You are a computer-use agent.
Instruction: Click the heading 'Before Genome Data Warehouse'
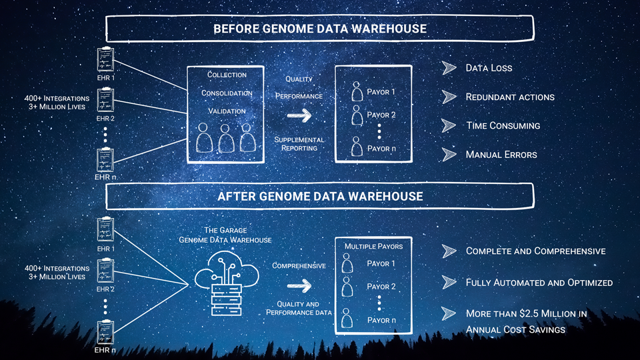tap(320, 29)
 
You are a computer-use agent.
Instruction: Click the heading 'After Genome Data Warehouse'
tap(320, 196)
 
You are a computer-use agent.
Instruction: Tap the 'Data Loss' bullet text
tap(489, 68)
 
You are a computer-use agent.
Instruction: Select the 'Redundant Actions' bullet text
tap(509, 97)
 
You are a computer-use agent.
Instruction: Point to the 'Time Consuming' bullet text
tap(502, 125)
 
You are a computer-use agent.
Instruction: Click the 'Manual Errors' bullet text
tap(501, 155)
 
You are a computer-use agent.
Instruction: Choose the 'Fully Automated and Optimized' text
tap(539, 283)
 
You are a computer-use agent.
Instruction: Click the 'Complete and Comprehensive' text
tap(535, 251)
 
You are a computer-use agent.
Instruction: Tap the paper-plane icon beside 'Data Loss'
tap(449, 68)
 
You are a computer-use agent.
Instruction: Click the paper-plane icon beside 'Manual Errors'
tap(449, 155)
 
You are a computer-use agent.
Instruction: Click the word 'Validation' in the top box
tap(227, 111)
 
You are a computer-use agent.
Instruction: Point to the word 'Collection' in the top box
tap(227, 75)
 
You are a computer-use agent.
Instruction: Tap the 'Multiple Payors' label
tap(373, 247)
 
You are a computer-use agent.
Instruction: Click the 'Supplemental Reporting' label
tap(299, 144)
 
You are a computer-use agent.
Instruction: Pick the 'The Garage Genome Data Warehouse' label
tap(225, 235)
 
